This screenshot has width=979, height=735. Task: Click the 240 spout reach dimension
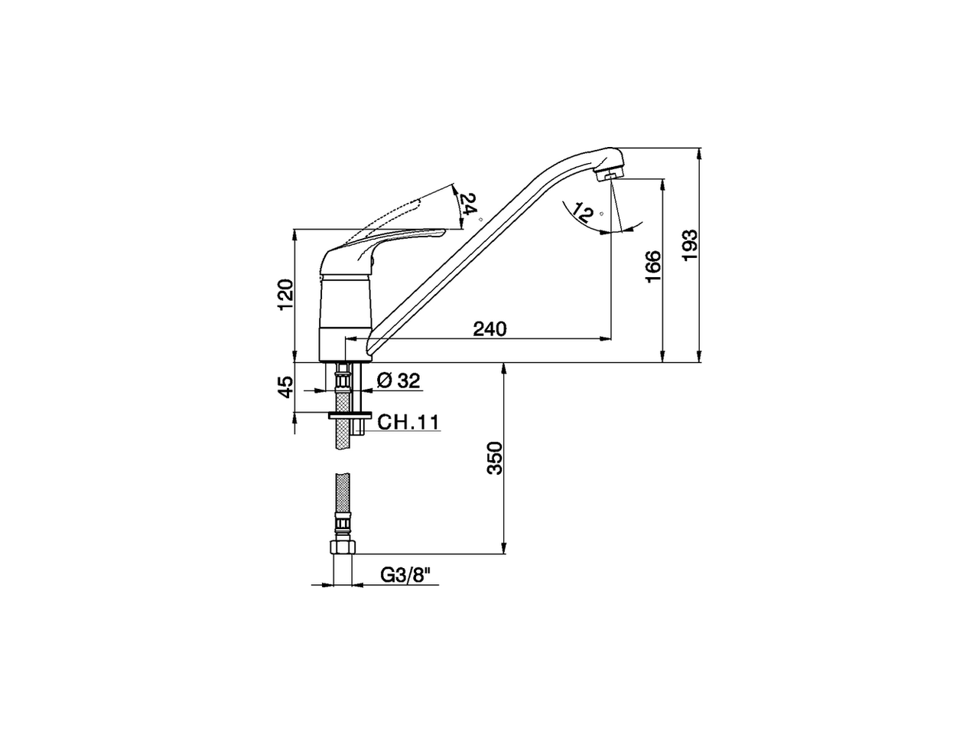(489, 329)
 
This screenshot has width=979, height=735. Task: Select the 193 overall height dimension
(690, 244)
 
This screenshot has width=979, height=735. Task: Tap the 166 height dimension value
(652, 266)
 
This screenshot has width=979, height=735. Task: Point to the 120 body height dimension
(285, 295)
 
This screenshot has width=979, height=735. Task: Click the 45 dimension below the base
(285, 387)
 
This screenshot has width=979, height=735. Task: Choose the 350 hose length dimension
(495, 458)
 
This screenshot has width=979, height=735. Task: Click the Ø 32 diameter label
(398, 381)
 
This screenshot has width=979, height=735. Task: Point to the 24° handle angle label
(468, 204)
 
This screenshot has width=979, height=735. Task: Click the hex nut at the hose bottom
(342, 548)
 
